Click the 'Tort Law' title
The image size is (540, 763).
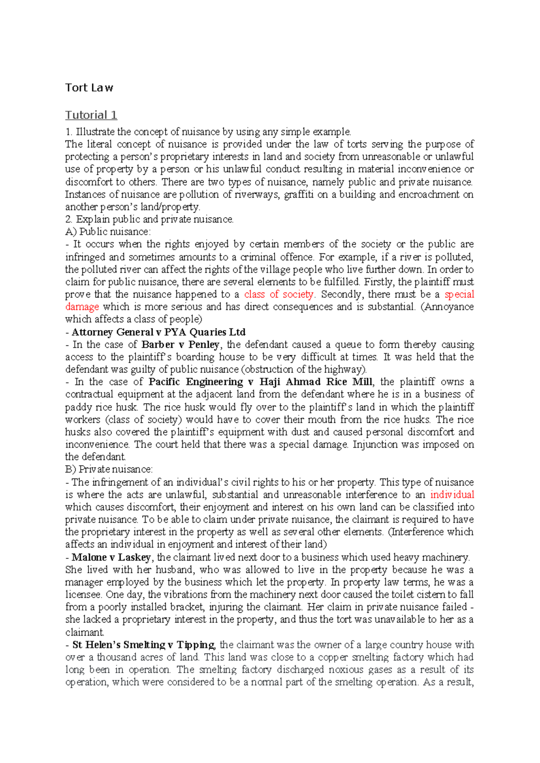(89, 88)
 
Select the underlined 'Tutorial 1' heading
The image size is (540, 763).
(91, 115)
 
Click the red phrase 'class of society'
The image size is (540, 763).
(279, 294)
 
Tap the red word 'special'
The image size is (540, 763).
(459, 294)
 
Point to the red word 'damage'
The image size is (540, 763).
(82, 307)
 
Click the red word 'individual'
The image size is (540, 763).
(452, 494)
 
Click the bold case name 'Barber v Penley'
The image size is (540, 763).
(180, 345)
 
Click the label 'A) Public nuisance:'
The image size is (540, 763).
(108, 232)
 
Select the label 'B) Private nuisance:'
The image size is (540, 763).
(109, 469)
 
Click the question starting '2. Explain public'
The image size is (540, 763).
(149, 220)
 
